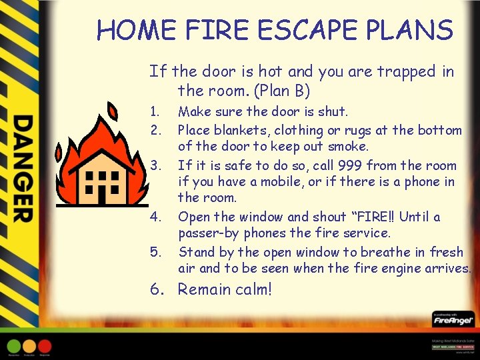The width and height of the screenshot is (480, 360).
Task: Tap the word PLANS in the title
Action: [x=414, y=31]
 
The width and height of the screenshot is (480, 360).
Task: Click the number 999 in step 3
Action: [x=351, y=165]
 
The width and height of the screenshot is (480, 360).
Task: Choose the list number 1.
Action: [x=154, y=111]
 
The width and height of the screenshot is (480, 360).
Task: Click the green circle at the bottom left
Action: [x=13, y=347]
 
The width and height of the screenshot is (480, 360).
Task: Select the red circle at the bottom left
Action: [x=45, y=347]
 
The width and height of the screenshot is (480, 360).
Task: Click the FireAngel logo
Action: [x=453, y=321]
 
